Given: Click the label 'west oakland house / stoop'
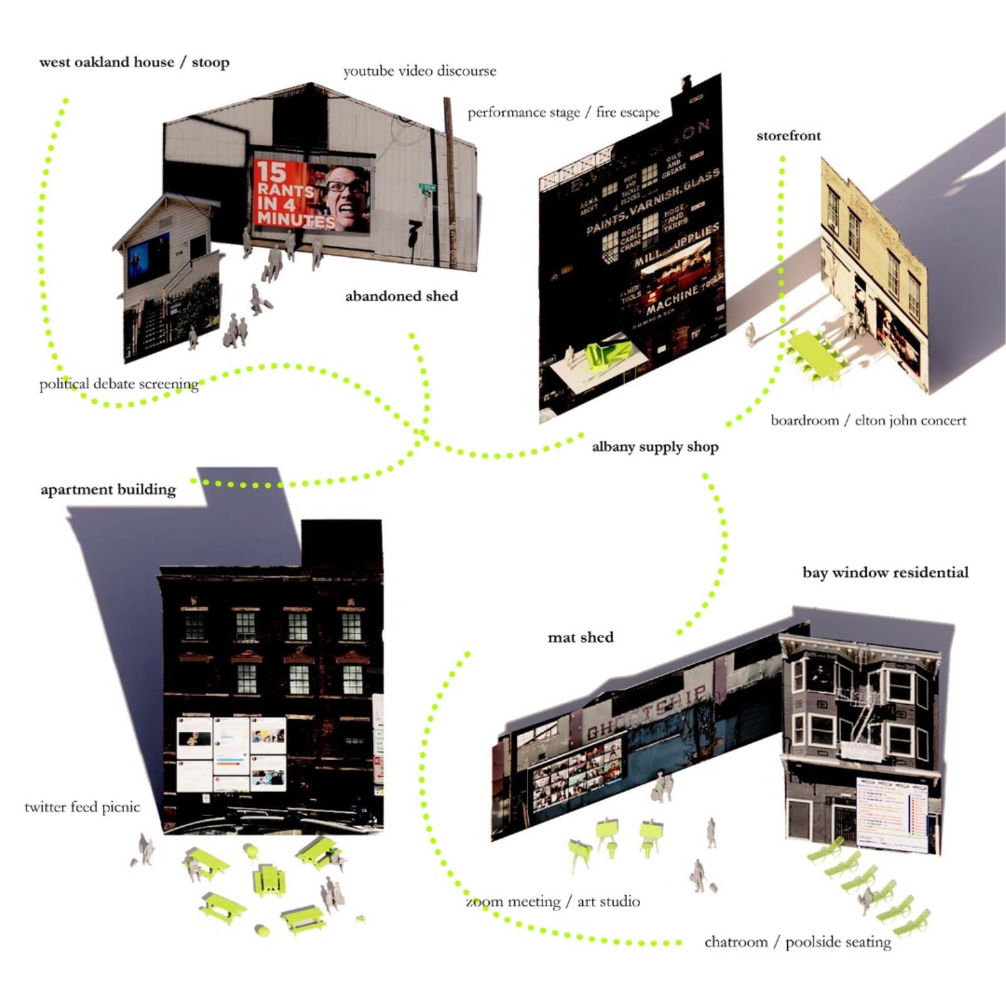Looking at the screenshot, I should (x=134, y=62).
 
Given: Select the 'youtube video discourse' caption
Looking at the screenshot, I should (x=419, y=71).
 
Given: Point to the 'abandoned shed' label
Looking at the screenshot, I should (x=401, y=296).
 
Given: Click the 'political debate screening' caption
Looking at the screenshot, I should (x=119, y=384).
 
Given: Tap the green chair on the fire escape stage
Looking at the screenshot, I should (x=607, y=353).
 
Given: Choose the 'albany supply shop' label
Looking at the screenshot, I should (x=655, y=447).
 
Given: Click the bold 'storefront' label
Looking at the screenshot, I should (x=788, y=136).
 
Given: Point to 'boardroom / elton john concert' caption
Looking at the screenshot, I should (x=868, y=420).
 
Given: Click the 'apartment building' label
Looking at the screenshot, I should (x=108, y=490).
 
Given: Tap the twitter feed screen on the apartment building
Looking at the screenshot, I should (x=231, y=753).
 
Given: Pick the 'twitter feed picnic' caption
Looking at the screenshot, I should (x=82, y=807).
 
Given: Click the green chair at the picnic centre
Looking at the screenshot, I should (x=270, y=880).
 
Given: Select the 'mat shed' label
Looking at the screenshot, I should (x=580, y=638).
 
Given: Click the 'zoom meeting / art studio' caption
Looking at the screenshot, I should (x=553, y=902).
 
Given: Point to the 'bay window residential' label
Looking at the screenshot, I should (x=885, y=573).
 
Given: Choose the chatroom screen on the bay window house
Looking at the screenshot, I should (x=892, y=814).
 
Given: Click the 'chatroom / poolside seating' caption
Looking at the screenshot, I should (x=797, y=942).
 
